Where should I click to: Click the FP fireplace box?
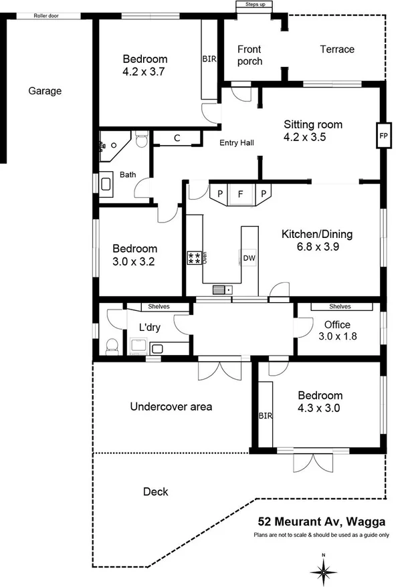383,135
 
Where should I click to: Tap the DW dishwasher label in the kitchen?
249,258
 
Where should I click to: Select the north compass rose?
323,570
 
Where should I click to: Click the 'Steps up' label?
256,5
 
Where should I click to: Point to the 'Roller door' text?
46,15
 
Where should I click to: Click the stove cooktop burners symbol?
194,258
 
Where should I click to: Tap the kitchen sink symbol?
222,289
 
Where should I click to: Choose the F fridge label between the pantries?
240,194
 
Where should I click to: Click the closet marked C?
177,138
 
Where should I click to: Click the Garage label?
45,91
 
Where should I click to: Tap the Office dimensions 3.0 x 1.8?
338,336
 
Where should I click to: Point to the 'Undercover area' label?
171,406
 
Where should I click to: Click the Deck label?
155,492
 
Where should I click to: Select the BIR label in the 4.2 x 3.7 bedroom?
209,60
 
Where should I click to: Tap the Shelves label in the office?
340,307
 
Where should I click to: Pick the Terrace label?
336,49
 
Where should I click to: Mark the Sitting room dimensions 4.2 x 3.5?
313,139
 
